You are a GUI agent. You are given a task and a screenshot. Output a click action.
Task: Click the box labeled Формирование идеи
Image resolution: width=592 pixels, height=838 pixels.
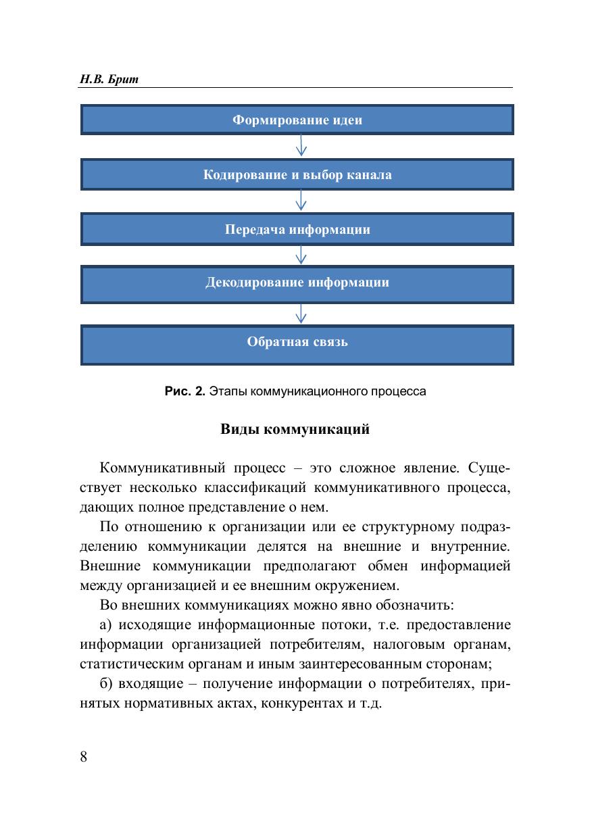[x=297, y=120]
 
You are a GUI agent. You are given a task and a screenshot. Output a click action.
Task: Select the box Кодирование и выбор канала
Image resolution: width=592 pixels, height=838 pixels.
[x=297, y=175]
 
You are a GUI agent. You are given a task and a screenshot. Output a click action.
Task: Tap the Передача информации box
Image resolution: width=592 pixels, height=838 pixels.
[x=297, y=229]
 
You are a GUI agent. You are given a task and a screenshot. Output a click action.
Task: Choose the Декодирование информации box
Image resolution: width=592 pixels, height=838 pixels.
[x=297, y=282]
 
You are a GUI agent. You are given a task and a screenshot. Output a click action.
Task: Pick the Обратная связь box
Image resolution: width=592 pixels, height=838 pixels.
[x=297, y=341]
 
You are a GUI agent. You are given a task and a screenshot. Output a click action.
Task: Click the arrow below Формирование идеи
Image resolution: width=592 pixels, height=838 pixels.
[x=301, y=145]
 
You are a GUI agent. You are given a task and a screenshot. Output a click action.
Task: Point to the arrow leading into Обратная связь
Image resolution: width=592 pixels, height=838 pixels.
[x=301, y=312]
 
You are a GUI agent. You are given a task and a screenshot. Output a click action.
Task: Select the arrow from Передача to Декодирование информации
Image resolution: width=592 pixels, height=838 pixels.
[x=301, y=255]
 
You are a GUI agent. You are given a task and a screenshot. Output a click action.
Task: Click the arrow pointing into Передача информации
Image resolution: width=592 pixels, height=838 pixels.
[x=301, y=200]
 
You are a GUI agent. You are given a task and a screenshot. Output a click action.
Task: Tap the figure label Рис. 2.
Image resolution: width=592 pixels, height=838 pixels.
[x=184, y=391]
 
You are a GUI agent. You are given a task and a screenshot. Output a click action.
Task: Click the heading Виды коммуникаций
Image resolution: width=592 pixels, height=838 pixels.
[x=295, y=429]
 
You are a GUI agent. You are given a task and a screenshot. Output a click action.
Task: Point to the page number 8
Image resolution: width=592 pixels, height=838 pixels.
[x=84, y=756]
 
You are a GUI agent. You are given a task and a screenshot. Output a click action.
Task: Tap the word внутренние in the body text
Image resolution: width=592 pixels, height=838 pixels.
[x=473, y=546]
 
